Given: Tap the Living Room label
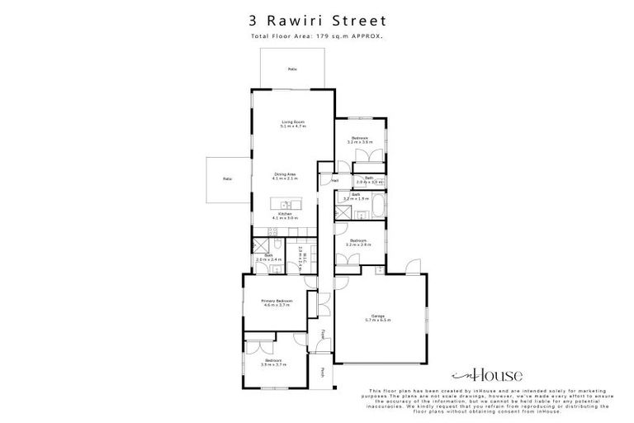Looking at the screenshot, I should (293, 124).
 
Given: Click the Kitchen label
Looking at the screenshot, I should (286, 216).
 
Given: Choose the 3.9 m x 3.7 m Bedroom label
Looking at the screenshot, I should (272, 362).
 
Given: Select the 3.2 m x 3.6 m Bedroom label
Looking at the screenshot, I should (361, 140).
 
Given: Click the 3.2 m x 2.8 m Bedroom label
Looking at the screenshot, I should (360, 243).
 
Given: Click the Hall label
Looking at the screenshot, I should (336, 180).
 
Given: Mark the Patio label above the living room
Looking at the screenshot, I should (291, 69).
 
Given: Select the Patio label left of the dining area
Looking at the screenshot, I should (226, 178).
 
